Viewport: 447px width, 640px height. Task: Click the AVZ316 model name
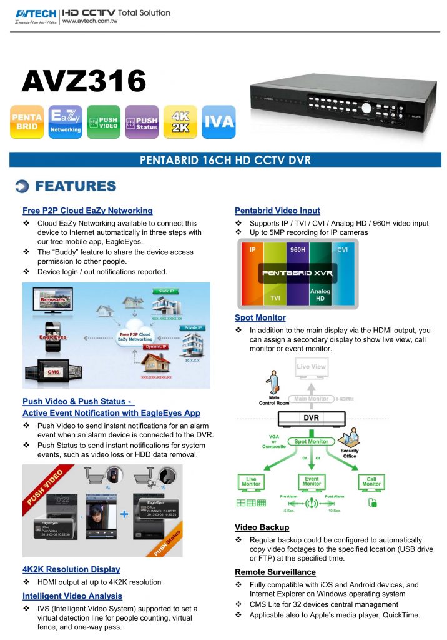pyautogui.click(x=84, y=81)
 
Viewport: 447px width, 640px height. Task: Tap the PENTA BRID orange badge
pyautogui.click(x=27, y=122)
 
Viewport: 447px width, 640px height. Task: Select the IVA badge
pyautogui.click(x=219, y=122)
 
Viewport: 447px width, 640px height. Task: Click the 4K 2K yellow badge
pyautogui.click(x=180, y=122)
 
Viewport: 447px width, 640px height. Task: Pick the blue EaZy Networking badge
pyautogui.click(x=65, y=122)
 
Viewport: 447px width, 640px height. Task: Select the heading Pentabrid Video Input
pyautogui.click(x=277, y=211)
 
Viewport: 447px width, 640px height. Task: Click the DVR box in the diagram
pyautogui.click(x=312, y=417)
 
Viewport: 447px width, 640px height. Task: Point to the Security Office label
pyautogui.click(x=350, y=453)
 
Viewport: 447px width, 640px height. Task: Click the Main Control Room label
pyautogui.click(x=273, y=401)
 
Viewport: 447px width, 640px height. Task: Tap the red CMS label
pyautogui.click(x=53, y=372)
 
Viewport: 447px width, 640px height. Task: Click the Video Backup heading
pyautogui.click(x=262, y=527)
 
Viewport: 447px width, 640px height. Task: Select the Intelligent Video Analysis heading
pyautogui.click(x=72, y=596)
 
